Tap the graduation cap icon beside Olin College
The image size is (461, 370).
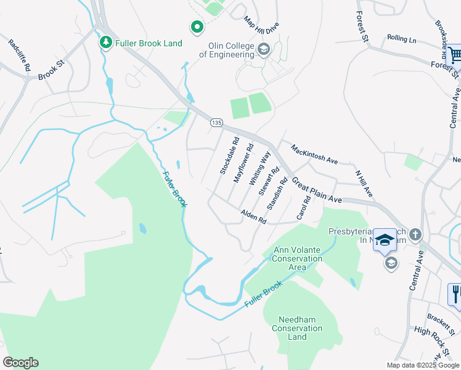click(x=264, y=49)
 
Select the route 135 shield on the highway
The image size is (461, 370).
click(x=215, y=123)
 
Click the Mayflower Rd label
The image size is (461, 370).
click(x=244, y=162)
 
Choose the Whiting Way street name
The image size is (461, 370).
click(x=259, y=168)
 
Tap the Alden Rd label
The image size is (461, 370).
click(x=253, y=216)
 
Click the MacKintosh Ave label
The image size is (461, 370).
click(x=314, y=154)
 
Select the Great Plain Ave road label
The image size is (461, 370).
click(x=317, y=191)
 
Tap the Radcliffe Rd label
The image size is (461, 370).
click(x=19, y=55)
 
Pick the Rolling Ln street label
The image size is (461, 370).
click(x=402, y=38)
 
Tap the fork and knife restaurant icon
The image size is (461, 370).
click(x=455, y=294)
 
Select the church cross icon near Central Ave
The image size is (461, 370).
click(x=415, y=234)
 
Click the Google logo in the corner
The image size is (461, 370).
click(x=20, y=363)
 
